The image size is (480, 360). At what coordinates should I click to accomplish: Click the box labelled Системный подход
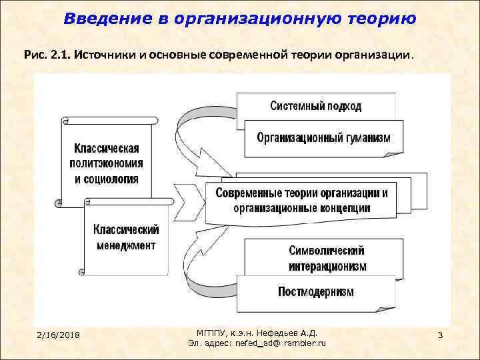point(316,106)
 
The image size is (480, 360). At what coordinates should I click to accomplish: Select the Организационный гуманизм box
point(324,139)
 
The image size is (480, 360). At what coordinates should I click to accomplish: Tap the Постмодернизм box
point(316,291)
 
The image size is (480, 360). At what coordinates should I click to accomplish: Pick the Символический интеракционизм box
point(327,259)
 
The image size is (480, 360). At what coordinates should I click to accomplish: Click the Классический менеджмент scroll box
point(125,238)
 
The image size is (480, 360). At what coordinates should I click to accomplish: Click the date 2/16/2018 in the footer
point(59,334)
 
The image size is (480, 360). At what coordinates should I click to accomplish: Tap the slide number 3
point(441,333)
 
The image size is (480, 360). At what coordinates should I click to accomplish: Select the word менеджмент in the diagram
point(125,245)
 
